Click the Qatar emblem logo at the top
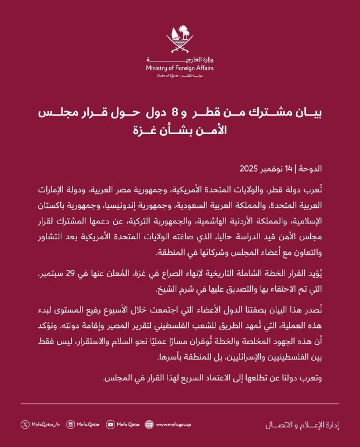(x=180, y=40)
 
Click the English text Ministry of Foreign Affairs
(x=180, y=68)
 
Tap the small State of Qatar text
(x=168, y=74)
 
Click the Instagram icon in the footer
(x=71, y=424)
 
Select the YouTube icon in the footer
(x=110, y=424)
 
